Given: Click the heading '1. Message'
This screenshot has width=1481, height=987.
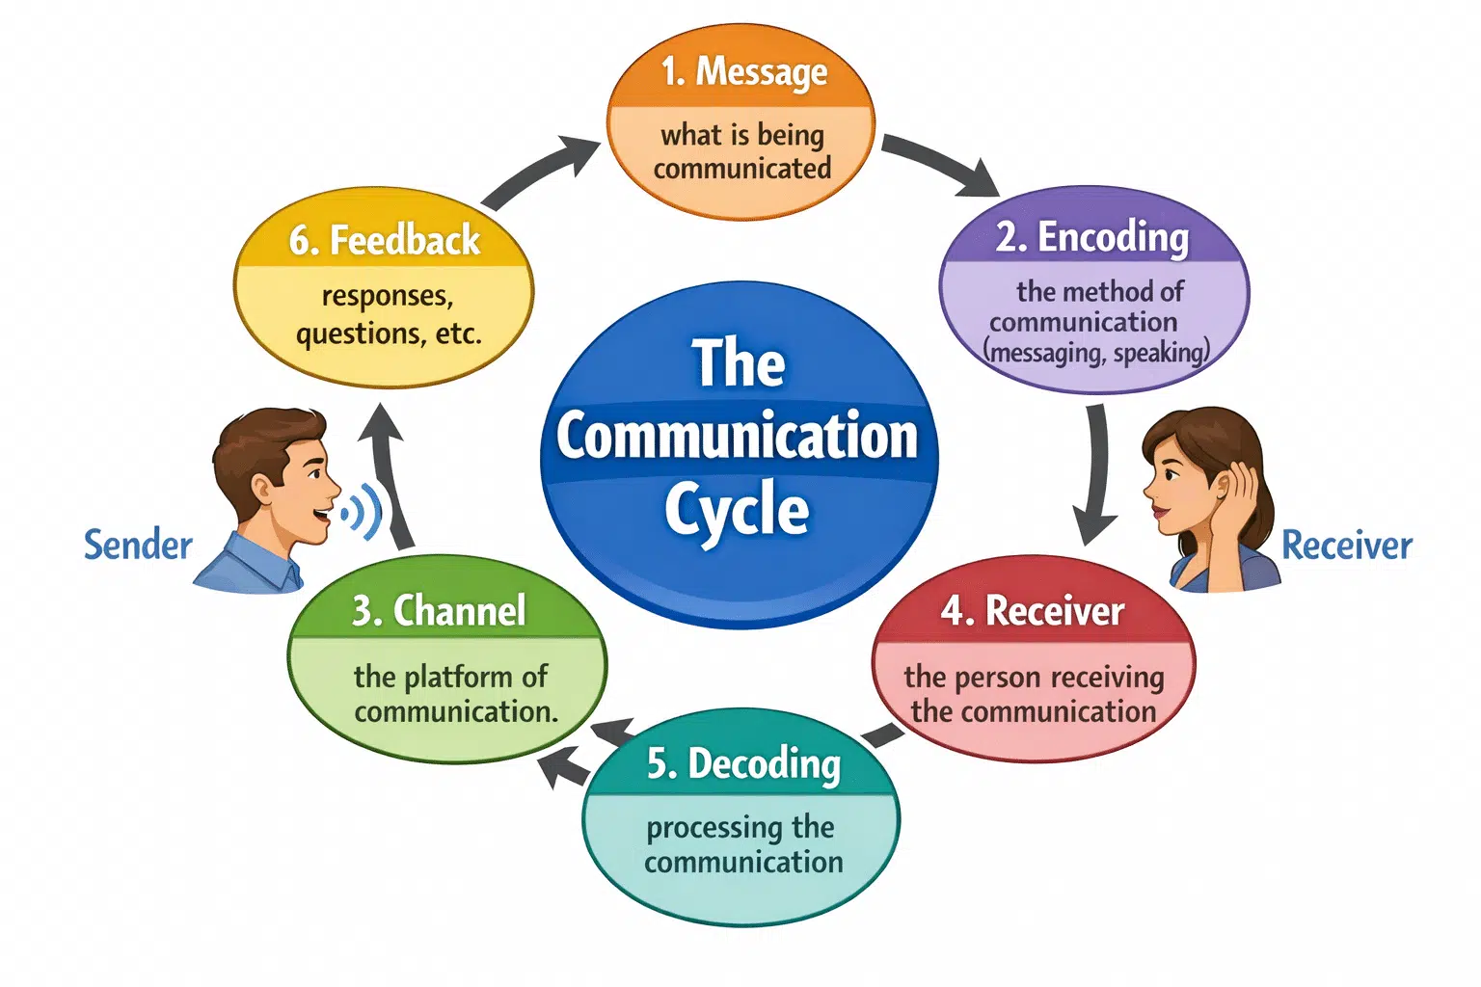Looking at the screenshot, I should click(742, 72).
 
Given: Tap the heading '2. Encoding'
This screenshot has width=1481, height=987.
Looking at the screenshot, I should click(1092, 237).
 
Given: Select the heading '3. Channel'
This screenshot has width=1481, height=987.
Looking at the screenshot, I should click(439, 611).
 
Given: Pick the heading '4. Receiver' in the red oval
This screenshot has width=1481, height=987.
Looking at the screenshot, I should click(1033, 611).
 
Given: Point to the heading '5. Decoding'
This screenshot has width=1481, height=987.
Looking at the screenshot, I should click(743, 763).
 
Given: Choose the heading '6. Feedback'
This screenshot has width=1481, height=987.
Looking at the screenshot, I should click(384, 240).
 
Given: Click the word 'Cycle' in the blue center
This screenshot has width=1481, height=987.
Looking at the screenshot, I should click(737, 511).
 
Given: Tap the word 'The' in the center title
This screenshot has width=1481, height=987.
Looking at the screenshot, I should click(739, 364).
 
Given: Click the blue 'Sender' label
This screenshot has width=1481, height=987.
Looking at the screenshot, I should click(138, 546).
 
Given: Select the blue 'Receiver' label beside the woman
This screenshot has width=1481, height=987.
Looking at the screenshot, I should click(1346, 546).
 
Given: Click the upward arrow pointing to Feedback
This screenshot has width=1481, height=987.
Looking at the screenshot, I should click(390, 472).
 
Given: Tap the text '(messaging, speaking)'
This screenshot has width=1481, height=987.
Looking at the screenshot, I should click(1096, 353).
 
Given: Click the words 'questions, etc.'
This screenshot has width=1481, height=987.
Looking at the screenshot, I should click(389, 333).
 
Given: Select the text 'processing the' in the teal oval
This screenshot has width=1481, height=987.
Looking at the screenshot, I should click(740, 827).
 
